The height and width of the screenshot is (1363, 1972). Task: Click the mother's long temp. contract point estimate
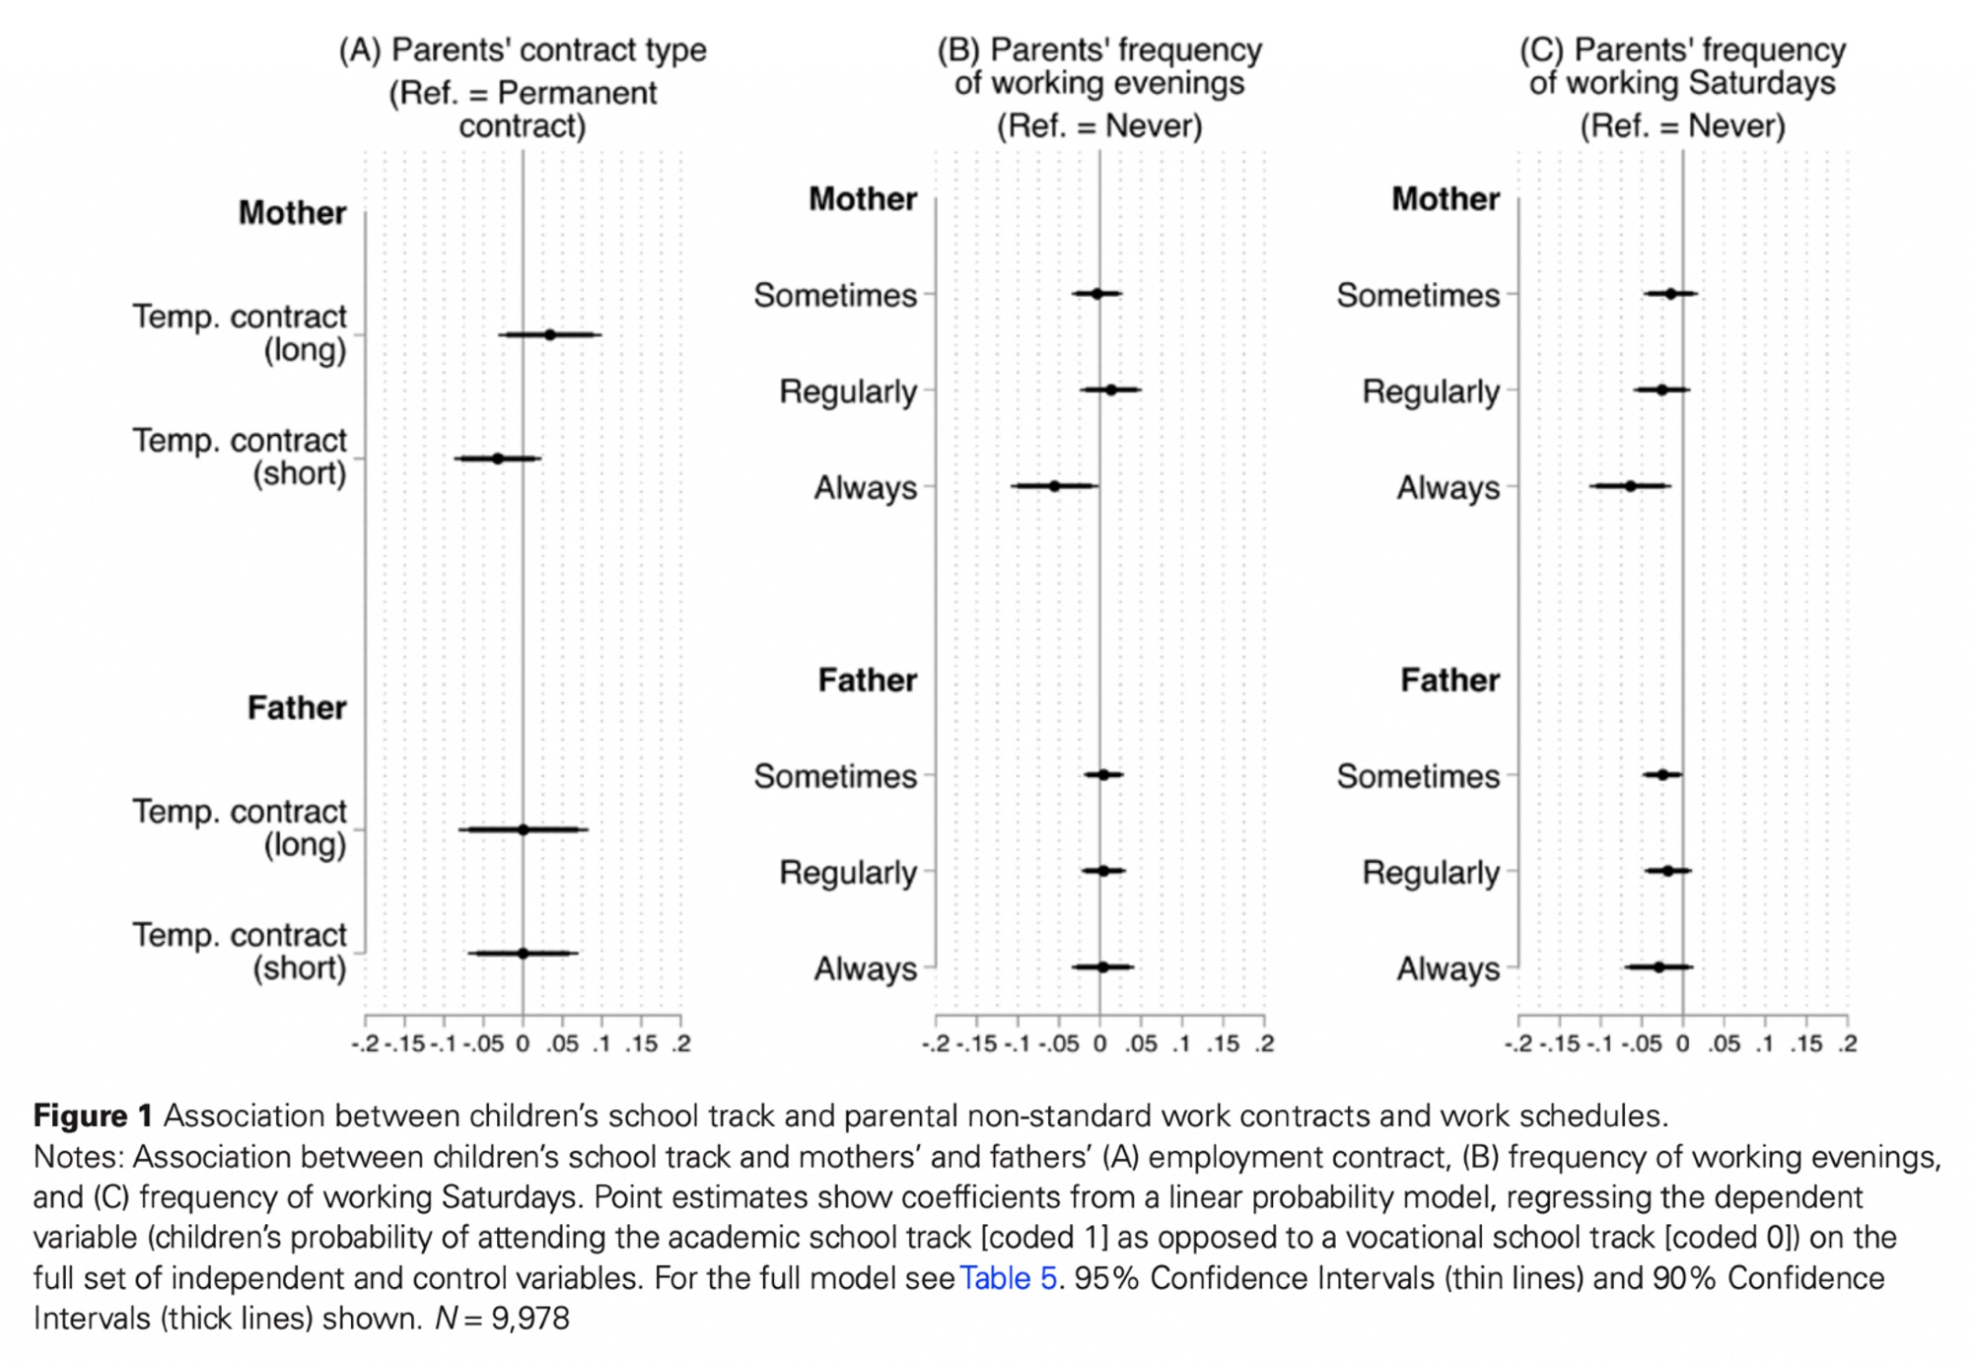550,335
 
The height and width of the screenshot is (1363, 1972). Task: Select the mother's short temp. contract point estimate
498,459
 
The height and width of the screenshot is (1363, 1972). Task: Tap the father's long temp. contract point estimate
524,829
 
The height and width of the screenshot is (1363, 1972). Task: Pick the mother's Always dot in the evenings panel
1054,486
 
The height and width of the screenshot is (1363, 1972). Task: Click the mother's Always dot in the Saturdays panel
1631,486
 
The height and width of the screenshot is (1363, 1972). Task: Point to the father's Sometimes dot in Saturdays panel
1662,775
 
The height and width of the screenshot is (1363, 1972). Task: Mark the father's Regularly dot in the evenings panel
1104,871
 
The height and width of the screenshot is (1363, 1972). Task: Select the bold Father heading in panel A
297,708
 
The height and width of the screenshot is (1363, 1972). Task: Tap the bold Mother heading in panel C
1445,199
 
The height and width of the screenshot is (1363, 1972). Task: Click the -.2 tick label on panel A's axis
365,1043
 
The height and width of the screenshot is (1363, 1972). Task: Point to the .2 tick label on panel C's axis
1847,1043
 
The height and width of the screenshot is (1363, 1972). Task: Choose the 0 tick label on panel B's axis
1100,1043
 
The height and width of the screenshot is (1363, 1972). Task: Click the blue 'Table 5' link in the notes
1008,1278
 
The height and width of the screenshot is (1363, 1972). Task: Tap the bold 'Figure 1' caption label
93,1116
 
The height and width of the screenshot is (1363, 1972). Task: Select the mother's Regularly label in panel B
848,392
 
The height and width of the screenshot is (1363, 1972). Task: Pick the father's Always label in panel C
1447,969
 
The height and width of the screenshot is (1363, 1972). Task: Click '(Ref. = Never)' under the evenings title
1099,126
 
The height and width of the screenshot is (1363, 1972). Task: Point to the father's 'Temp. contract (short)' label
241,952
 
